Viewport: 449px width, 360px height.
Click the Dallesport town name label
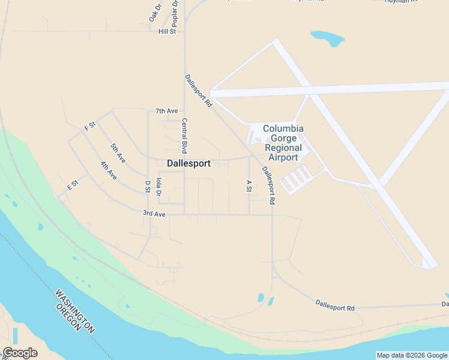188,163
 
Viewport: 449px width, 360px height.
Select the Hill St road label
167,31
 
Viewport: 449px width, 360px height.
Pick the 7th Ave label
166,111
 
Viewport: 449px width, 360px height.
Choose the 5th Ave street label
118,153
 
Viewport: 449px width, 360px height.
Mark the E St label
73,184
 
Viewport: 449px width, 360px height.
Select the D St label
147,186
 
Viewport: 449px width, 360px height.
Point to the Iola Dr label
158,186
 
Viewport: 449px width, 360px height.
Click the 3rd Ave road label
154,213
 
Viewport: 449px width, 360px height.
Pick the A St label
249,185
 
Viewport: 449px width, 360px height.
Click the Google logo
20,353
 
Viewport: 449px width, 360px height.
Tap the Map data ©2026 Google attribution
412,355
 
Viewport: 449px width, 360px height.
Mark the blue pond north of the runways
328,38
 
